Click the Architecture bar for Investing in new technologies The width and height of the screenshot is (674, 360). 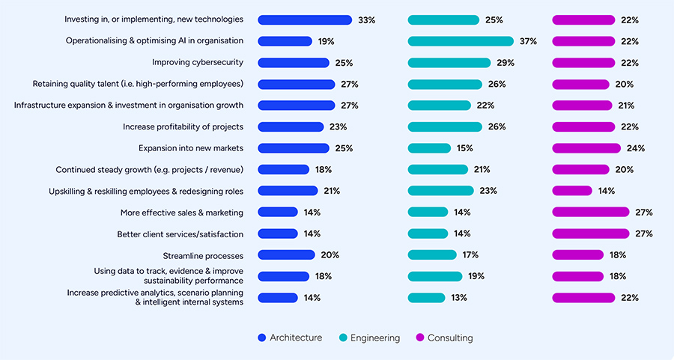[305, 20]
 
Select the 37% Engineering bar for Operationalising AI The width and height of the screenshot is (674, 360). [461, 41]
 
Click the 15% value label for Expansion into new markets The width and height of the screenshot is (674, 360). [464, 148]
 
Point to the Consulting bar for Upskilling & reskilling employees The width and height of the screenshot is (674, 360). [572, 191]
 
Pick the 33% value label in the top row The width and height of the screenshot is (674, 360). [367, 20]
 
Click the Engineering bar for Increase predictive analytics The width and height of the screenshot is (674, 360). [426, 298]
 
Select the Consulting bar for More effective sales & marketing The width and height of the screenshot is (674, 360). [591, 213]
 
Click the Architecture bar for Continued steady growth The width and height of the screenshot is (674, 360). [283, 170]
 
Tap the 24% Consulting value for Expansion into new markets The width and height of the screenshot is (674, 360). [635, 148]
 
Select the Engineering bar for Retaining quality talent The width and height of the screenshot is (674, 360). [445, 85]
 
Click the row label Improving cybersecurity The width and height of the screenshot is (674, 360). [198, 63]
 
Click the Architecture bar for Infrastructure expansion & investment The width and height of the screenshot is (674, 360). [296, 106]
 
